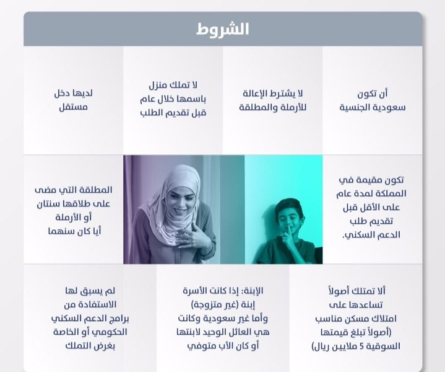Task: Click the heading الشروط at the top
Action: pyautogui.click(x=223, y=29)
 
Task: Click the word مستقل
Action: pyautogui.click(x=73, y=107)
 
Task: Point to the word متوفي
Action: pyautogui.click(x=199, y=346)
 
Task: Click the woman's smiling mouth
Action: pyautogui.click(x=179, y=211)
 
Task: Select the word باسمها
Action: pyautogui.click(x=191, y=99)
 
